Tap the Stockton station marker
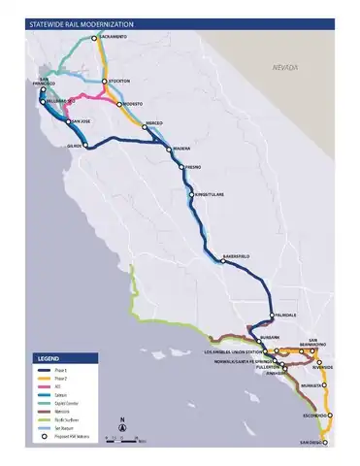104,81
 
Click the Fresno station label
193,167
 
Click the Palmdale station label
285,315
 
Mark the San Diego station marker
324,442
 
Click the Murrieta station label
311,385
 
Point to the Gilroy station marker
86,148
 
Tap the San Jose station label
80,120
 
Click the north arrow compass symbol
122,425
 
